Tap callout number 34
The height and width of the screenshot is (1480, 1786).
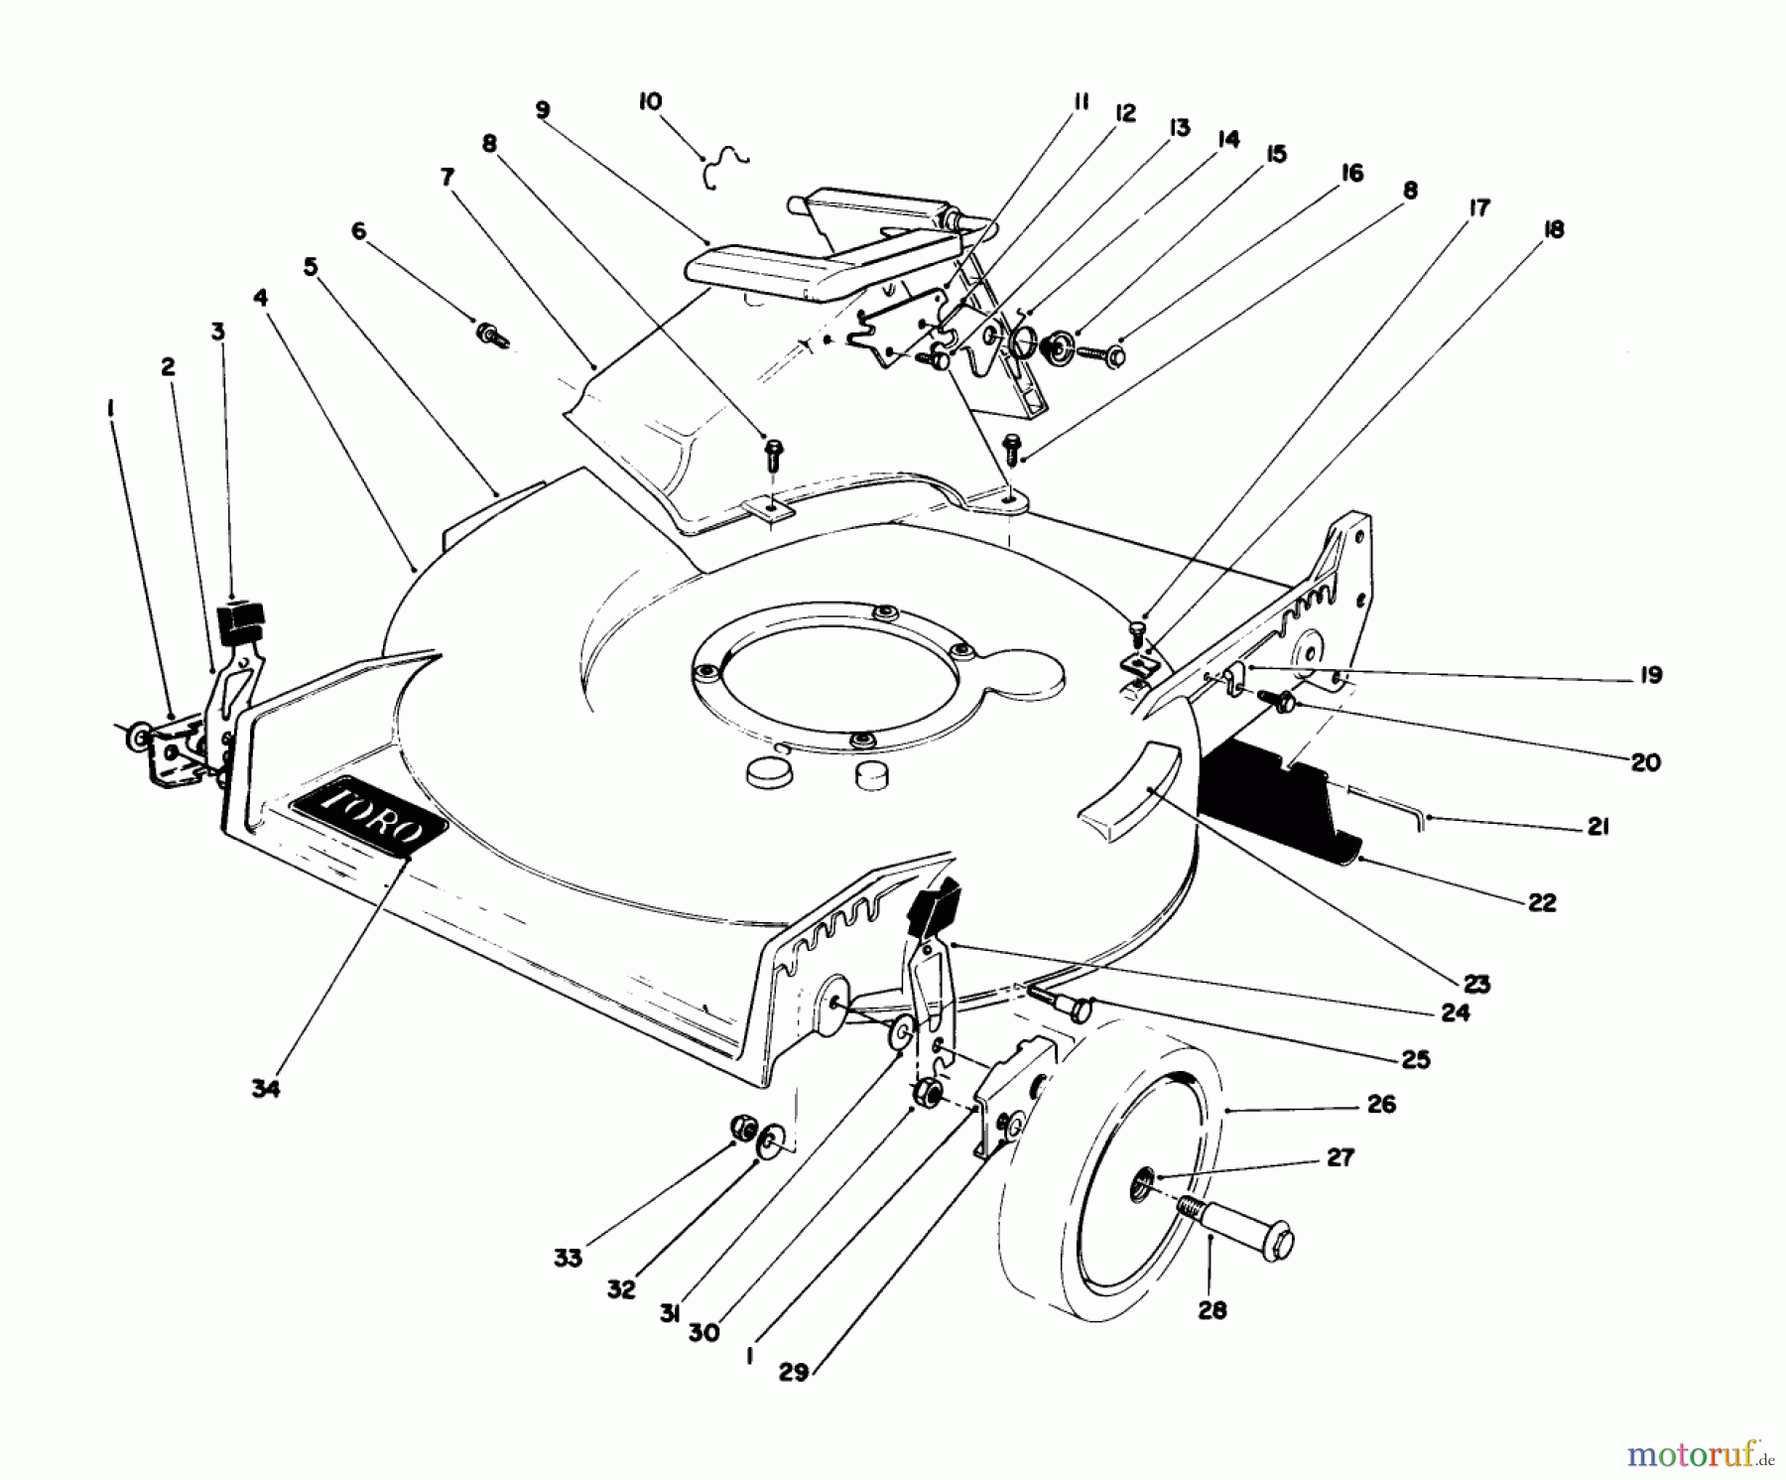(265, 1088)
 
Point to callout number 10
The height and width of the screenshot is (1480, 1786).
(651, 102)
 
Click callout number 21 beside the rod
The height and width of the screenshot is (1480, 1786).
(1596, 826)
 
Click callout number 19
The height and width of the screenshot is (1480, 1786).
(1650, 675)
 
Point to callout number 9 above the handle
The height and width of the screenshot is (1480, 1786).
(542, 110)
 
